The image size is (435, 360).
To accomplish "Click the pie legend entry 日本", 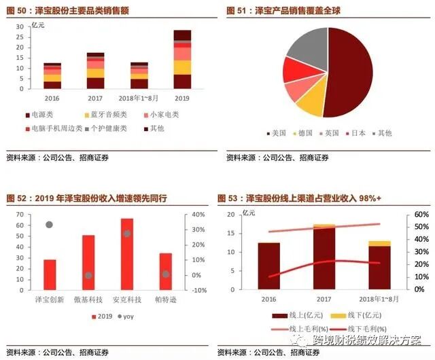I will (x=358, y=133).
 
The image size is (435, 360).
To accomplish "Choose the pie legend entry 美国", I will (x=278, y=133).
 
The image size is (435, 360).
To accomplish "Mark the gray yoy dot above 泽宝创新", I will (x=49, y=225).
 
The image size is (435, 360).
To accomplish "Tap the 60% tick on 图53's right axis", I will (x=421, y=215).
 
